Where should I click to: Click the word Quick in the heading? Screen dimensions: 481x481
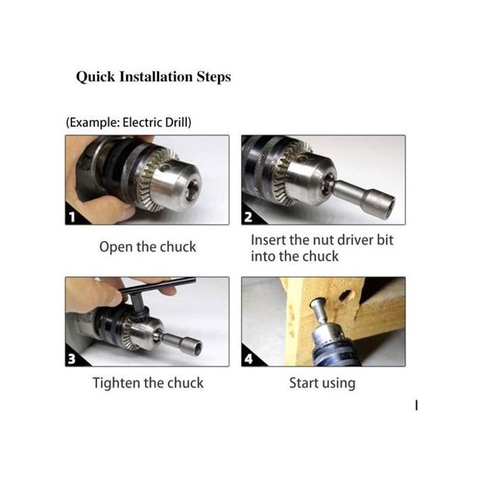click(96, 77)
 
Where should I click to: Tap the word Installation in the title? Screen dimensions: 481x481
click(156, 76)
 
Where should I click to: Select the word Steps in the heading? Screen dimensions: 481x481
click(214, 77)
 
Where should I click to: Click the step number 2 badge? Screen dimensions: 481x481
click(248, 217)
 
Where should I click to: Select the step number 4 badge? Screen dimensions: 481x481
click(249, 358)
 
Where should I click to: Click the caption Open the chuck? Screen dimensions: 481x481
click(148, 247)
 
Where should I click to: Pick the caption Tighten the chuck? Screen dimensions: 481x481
click(148, 383)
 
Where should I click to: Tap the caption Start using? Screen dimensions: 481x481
click(322, 383)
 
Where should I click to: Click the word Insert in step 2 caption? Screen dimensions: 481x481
click(267, 240)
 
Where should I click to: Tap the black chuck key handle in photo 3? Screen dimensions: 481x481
click(157, 286)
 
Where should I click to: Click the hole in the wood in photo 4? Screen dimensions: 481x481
click(346, 295)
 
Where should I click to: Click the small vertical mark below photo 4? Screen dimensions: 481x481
click(416, 405)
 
